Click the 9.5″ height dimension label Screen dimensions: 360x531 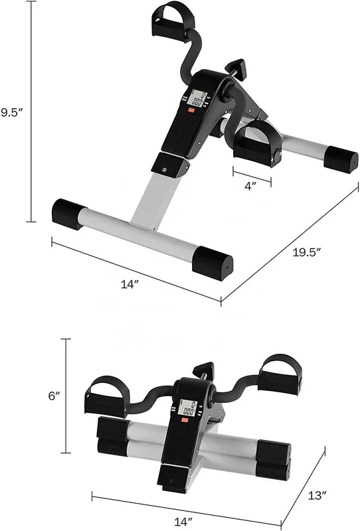pos(11,112)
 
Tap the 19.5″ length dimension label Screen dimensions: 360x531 pos(306,252)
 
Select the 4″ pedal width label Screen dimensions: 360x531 pos(250,186)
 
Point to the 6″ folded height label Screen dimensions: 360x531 pos(54,395)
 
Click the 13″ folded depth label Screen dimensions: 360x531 pos(317,495)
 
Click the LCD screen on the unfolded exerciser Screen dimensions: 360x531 pos(199,98)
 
